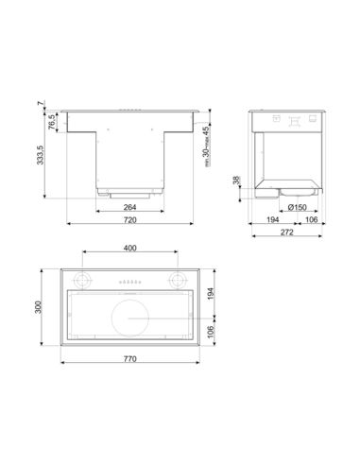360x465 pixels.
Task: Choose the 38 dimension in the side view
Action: pyautogui.click(x=236, y=181)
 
